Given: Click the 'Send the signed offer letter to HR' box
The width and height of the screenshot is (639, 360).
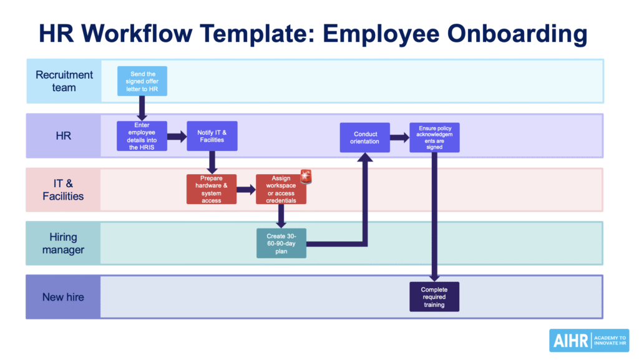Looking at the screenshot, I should tap(142, 81).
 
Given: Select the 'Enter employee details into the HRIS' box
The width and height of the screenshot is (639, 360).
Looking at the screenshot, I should tap(142, 136).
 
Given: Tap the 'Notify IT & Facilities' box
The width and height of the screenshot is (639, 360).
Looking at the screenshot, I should tap(212, 136).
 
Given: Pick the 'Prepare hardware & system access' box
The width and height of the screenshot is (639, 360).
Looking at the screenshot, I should tap(212, 189).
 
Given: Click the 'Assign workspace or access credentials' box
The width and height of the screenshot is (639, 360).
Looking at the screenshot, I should tap(281, 189).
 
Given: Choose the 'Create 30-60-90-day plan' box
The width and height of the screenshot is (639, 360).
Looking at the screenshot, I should tap(281, 243).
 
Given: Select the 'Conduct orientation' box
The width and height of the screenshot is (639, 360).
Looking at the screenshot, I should tap(366, 137).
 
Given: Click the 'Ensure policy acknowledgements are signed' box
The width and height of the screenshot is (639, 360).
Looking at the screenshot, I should tap(434, 137).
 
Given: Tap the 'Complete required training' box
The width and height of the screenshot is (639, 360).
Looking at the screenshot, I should tap(434, 296).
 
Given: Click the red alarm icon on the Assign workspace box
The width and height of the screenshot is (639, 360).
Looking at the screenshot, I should tap(306, 177).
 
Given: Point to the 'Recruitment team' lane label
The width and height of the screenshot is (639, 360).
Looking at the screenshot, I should tap(64, 81).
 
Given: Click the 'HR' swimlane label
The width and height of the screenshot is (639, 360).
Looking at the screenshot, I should tap(64, 136).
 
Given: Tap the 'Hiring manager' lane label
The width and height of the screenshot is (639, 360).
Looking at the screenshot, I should tap(64, 243).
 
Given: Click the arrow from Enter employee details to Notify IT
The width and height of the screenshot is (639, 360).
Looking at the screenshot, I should tap(177, 136).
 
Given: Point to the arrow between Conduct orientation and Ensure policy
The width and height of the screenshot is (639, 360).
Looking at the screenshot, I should tap(400, 137).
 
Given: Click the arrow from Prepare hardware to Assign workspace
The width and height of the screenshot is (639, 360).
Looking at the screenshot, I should tap(246, 189).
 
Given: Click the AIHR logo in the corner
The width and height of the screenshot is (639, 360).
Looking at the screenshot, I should tap(588, 341).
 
